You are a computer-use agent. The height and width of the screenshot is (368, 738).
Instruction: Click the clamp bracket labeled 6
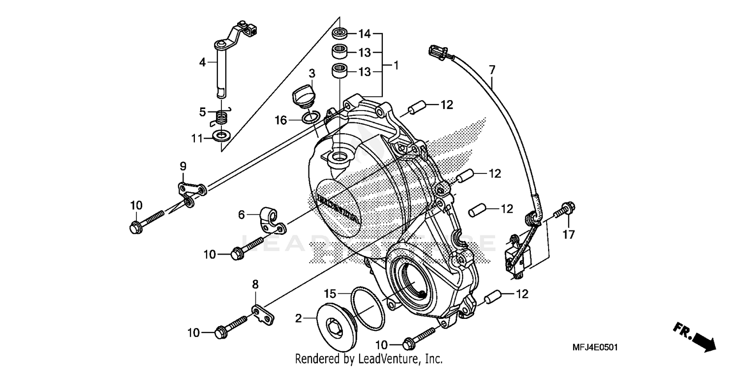point(270,220)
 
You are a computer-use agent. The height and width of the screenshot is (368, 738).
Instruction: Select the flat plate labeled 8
point(263,315)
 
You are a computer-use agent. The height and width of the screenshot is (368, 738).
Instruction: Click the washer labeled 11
point(222,135)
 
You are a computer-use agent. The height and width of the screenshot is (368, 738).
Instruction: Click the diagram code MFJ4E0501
point(595,347)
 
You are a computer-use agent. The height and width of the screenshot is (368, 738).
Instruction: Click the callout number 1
point(396,65)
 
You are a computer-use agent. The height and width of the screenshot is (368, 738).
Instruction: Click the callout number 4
point(202,62)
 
